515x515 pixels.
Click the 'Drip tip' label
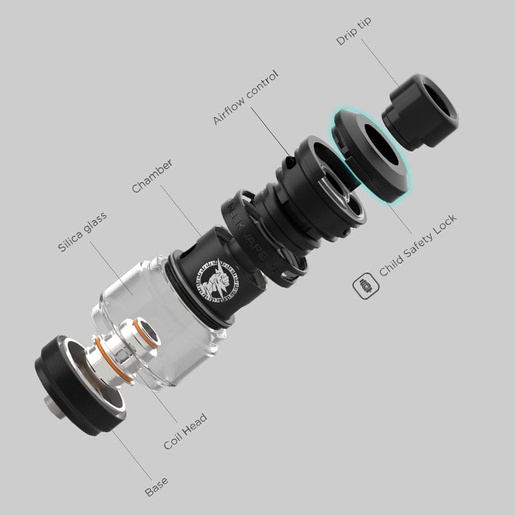click(353, 31)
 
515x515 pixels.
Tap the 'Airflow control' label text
click(246, 98)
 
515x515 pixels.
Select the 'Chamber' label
click(152, 176)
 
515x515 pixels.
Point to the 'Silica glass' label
click(82, 232)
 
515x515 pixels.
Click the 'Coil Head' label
click(185, 431)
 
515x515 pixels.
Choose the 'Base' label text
click(156, 487)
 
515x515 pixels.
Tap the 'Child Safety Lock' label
click(418, 245)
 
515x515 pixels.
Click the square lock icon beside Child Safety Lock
click(366, 286)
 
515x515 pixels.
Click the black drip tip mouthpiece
click(421, 111)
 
